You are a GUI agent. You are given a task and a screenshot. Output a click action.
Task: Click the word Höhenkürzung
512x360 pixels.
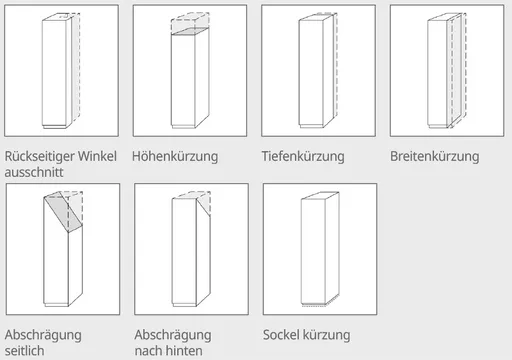pyautogui.click(x=175, y=157)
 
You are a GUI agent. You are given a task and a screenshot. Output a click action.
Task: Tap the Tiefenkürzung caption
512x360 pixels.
pyautogui.click(x=303, y=156)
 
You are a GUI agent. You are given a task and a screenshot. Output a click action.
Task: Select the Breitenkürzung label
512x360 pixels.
pyautogui.click(x=435, y=156)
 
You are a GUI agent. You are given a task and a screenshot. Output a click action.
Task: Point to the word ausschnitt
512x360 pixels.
pyautogui.click(x=34, y=172)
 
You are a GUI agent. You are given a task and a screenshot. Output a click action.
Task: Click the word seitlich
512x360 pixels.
pyautogui.click(x=24, y=351)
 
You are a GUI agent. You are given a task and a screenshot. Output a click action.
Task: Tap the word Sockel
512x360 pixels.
pyautogui.click(x=281, y=335)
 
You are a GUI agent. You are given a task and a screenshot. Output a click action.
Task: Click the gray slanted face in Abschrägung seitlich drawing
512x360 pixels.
pyautogui.click(x=63, y=212)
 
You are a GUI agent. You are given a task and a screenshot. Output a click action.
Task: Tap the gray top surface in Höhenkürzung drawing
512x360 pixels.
pyautogui.click(x=190, y=31)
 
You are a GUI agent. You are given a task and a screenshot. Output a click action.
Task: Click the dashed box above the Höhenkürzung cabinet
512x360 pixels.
pyautogui.click(x=190, y=22)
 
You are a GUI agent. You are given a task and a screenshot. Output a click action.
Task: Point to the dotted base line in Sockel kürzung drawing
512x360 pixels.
pyautogui.click(x=313, y=305)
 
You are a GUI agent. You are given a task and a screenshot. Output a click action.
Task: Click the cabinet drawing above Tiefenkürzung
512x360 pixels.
pyautogui.click(x=318, y=70)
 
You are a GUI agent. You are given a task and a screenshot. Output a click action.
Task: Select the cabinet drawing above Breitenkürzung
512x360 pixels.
pyautogui.click(x=447, y=70)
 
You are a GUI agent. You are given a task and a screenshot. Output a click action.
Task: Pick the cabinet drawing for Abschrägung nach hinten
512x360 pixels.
pyautogui.click(x=191, y=249)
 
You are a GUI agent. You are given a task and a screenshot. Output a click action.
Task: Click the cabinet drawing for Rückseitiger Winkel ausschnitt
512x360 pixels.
pyautogui.click(x=61, y=71)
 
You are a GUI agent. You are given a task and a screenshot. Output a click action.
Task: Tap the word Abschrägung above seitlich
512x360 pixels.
pyautogui.click(x=43, y=335)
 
